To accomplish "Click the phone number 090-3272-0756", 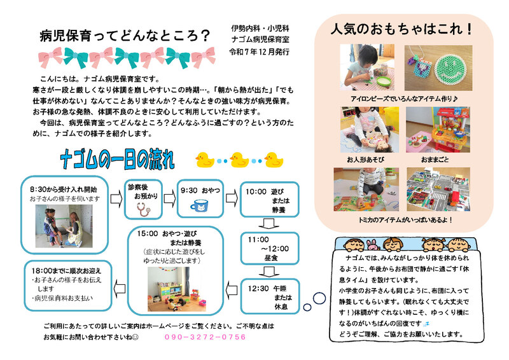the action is (205, 337).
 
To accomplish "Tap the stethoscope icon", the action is (143, 209).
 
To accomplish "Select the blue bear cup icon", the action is (199, 205).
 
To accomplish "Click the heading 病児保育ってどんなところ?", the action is (125, 36).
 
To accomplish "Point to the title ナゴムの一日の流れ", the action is (117, 160).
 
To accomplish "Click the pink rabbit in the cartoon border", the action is (373, 246).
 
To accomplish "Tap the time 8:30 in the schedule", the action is (38, 190).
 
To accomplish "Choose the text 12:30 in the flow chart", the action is (258, 288).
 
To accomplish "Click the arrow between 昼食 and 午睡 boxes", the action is (269, 272).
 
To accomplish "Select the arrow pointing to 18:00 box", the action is (120, 289).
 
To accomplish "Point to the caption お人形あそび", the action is (365, 160).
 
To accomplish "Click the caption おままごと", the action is (435, 160).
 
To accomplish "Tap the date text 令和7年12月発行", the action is (260, 52).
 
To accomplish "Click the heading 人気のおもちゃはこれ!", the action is (401, 29).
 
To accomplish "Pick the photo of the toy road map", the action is (438, 190).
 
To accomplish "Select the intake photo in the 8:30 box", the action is (64, 226).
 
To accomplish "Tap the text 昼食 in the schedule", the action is (271, 258).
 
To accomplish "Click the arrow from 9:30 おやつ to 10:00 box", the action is (232, 198).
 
